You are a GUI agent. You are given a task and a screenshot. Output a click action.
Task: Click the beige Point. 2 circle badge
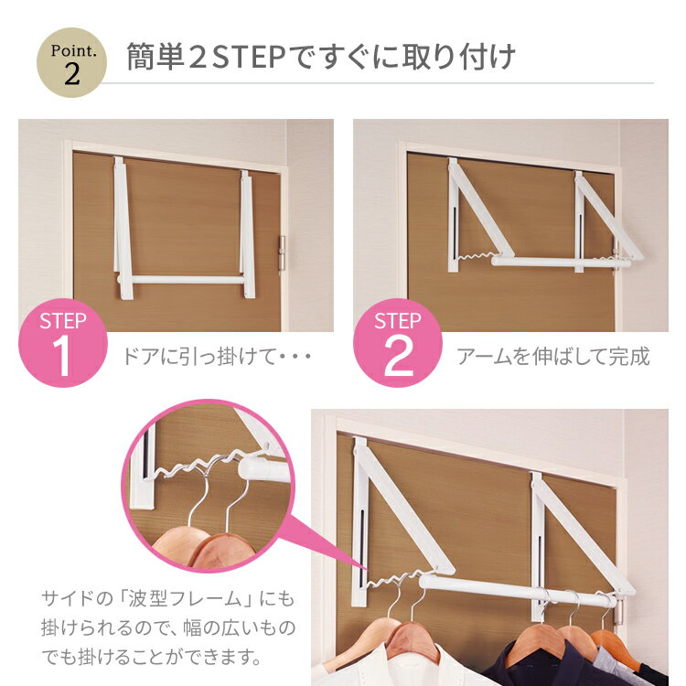coord(71,62)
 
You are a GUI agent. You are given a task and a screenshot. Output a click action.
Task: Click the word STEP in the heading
coord(249,58)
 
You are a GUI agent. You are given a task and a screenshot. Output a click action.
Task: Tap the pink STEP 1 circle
coord(63,343)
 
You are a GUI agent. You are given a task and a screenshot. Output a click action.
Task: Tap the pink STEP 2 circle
coord(398,343)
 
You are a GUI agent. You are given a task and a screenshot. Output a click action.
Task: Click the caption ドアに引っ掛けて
coord(200,357)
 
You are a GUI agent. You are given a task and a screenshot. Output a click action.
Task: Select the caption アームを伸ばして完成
coord(553,357)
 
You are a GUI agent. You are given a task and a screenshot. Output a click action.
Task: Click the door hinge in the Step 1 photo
coord(282,255)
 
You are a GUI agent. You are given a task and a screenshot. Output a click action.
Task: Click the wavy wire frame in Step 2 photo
coord(476,256)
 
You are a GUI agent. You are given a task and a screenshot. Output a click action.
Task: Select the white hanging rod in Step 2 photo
coord(561,263)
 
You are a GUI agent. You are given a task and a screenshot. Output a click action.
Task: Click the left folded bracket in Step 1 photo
coord(123,229)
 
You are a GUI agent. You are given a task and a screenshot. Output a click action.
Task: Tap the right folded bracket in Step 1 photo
coord(247,235)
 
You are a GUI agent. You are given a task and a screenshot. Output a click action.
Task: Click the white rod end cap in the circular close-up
coord(263,470)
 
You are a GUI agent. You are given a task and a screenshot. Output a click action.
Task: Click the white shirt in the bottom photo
coord(393,667)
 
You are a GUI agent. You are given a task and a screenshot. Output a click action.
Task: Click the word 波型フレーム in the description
coord(186,598)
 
